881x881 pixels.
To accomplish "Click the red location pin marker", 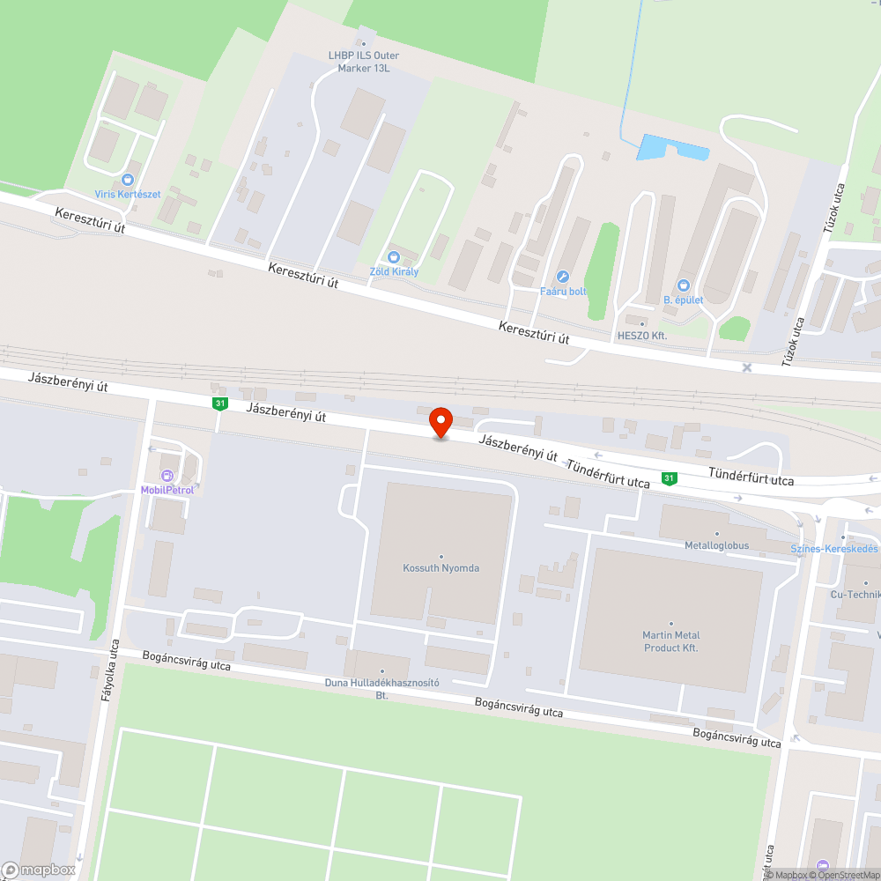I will click(440, 422).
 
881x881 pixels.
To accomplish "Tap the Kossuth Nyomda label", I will click(440, 568).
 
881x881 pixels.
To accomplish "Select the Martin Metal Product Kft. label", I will click(670, 640).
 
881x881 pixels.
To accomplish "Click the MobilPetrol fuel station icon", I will click(167, 476).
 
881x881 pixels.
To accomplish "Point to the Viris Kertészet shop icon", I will click(129, 179).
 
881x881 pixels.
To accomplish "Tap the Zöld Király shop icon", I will click(394, 256).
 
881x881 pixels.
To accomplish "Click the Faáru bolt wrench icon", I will click(563, 277).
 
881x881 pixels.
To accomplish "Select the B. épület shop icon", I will click(683, 285).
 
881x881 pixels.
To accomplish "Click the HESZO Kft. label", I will click(641, 336).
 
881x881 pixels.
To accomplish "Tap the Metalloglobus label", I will click(716, 545).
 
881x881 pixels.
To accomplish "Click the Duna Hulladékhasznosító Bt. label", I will click(382, 688).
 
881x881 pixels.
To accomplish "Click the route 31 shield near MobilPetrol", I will click(219, 403).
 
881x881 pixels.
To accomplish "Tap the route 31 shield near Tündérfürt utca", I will click(670, 478).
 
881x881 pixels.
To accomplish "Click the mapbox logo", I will click(40, 870).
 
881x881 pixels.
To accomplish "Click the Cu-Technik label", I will click(855, 594).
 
